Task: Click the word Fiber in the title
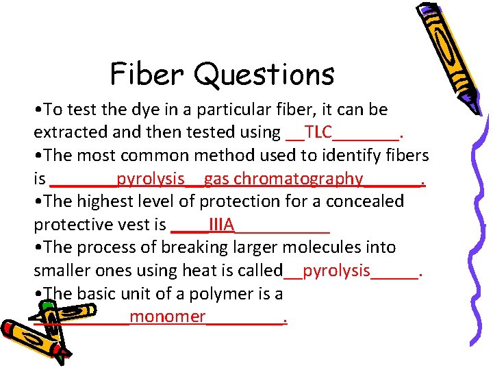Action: pos(144,73)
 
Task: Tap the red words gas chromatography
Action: pos(283,179)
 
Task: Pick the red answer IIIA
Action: pos(222,225)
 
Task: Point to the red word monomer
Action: pos(167,317)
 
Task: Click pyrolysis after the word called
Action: pos(336,271)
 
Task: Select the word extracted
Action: pos(64,132)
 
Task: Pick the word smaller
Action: pos(62,271)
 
